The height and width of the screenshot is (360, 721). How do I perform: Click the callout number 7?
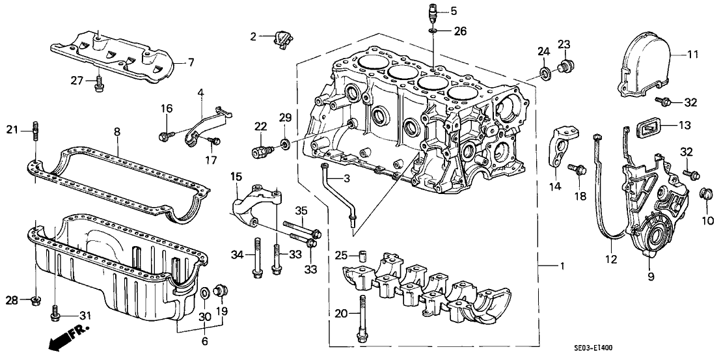(x=191, y=62)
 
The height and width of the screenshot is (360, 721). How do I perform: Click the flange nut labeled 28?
(x=35, y=300)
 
